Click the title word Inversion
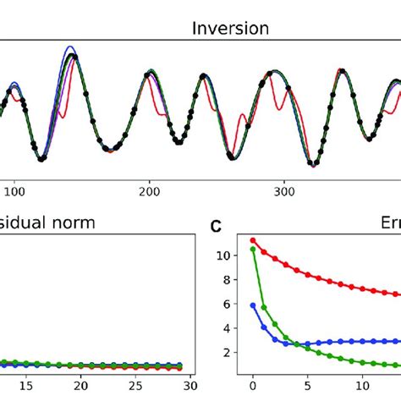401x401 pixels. [230, 28]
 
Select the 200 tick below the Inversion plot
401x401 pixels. [150, 192]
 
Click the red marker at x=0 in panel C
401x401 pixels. [252, 240]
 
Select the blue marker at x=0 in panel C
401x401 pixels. [252, 305]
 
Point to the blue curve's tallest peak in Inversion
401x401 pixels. [70, 48]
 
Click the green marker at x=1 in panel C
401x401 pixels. [264, 307]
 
